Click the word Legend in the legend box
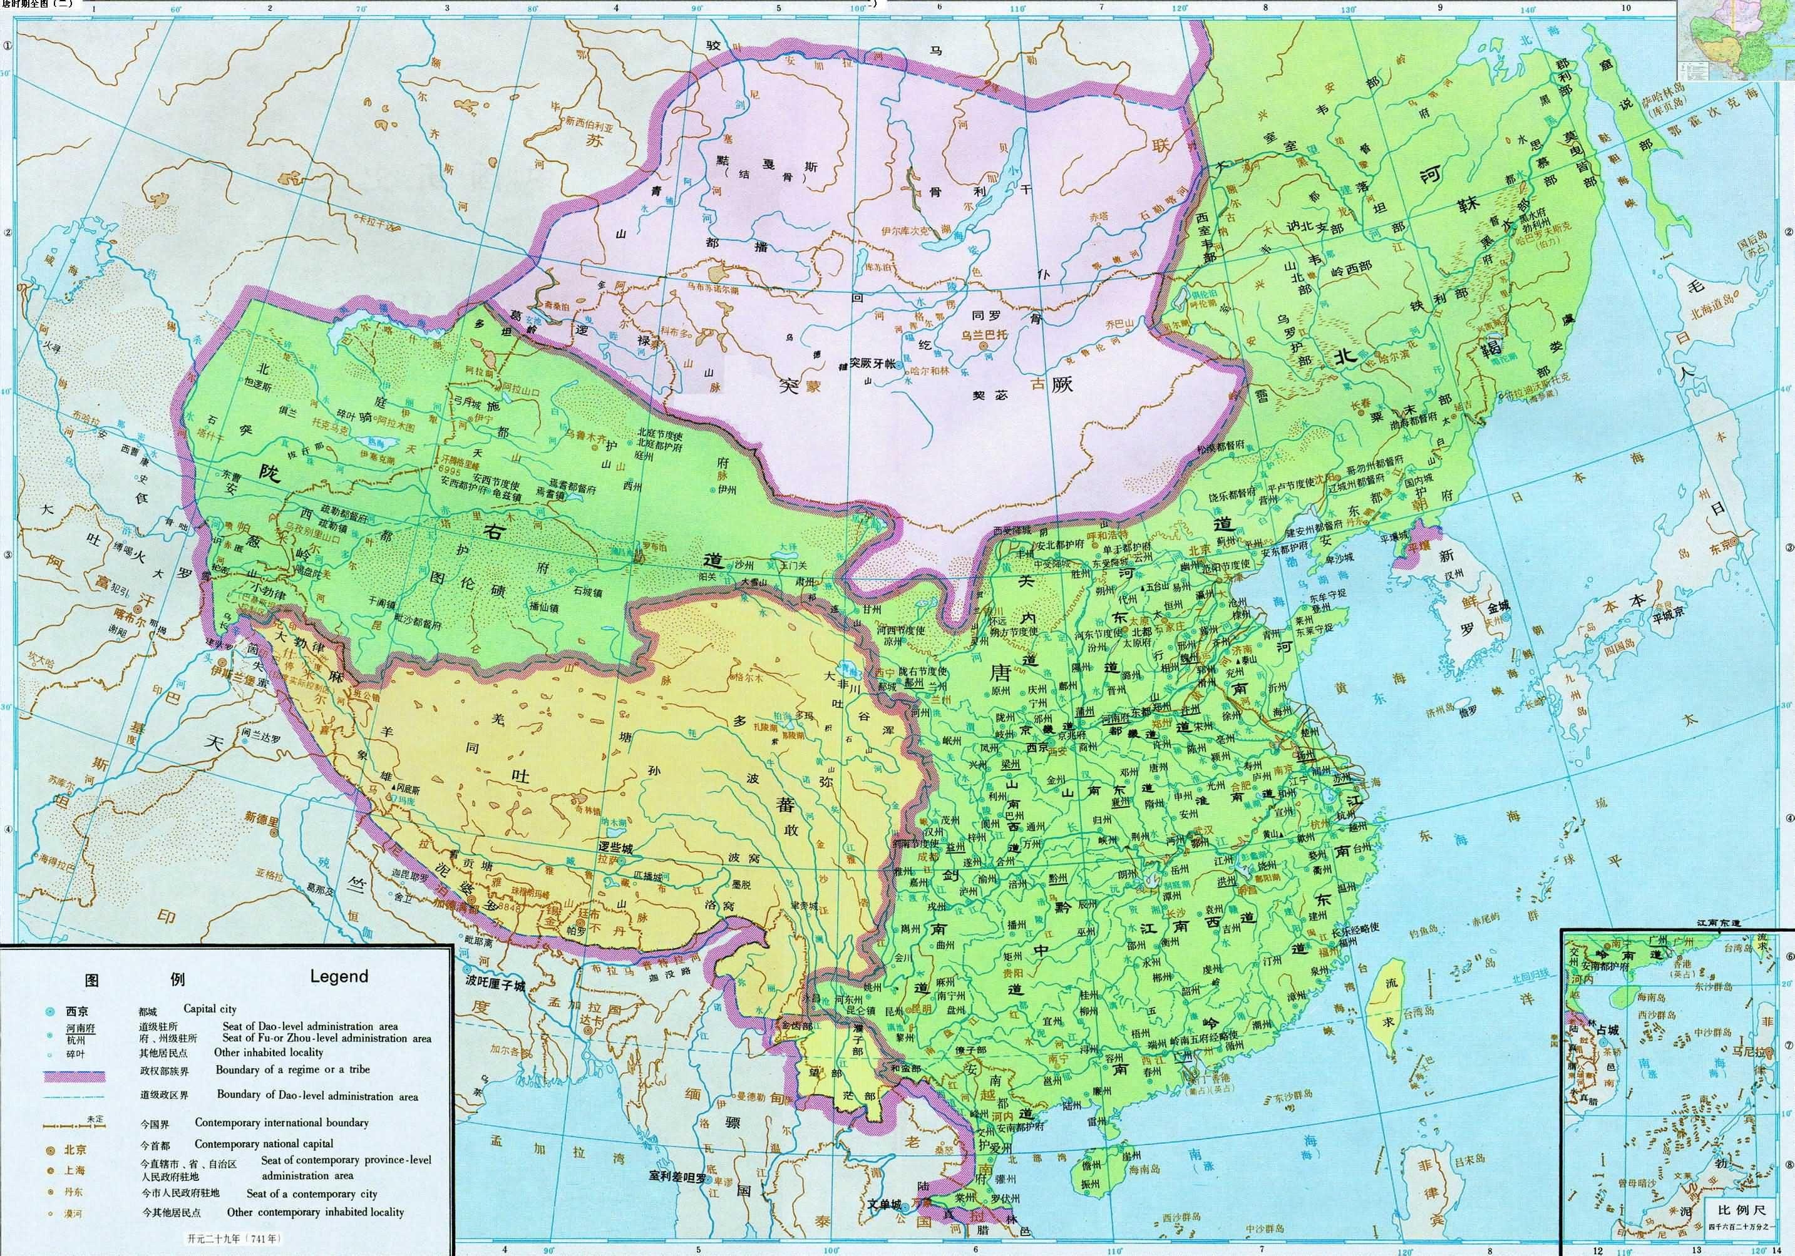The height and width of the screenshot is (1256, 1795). pos(339,976)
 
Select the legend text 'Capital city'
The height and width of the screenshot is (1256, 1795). pos(210,1009)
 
